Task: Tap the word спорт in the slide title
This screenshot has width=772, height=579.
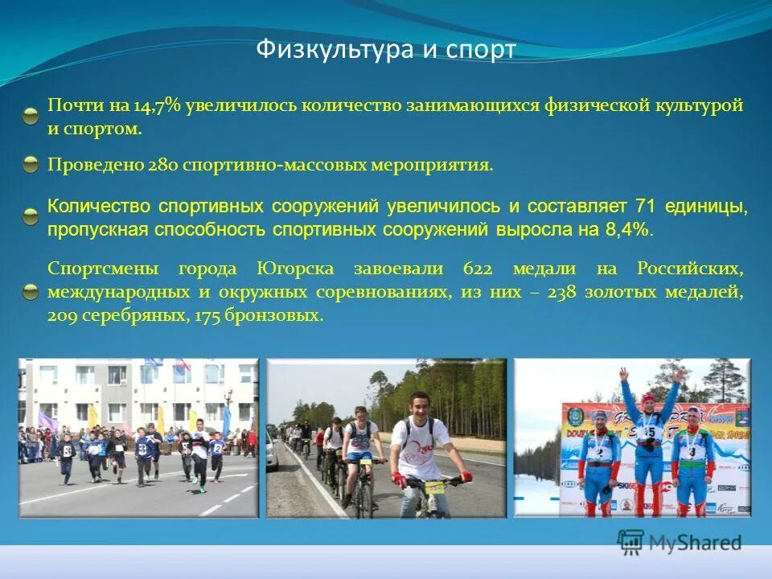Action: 482,50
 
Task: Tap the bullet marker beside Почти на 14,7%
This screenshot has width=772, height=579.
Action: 31,116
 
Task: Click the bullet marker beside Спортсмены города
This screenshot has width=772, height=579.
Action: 31,291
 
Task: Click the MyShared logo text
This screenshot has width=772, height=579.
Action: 696,543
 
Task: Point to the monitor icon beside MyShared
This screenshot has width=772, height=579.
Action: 631,542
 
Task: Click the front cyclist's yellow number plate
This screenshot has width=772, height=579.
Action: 435,485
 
